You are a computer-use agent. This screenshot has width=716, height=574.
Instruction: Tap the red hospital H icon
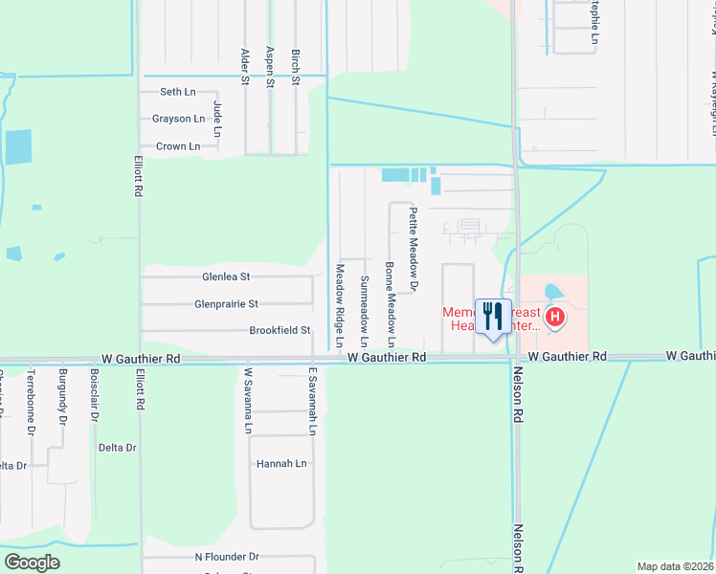point(554,317)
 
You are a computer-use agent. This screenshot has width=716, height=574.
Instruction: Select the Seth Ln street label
point(171,92)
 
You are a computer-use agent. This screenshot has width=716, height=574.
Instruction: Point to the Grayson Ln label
point(178,120)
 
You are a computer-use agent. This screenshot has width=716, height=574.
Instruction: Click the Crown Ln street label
point(177,146)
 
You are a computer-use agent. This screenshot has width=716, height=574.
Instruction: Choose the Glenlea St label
point(226,276)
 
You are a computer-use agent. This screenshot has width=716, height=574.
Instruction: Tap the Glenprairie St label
point(226,304)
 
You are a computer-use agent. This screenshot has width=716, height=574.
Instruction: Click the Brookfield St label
point(280,331)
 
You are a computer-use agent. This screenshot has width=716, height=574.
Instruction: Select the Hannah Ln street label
point(281,464)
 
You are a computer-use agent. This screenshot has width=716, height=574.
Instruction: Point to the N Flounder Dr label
point(227,556)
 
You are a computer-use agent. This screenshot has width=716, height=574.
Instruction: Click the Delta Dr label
point(118,448)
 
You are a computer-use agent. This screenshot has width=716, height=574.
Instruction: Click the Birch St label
point(296,67)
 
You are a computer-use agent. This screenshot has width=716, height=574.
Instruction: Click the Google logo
point(32,562)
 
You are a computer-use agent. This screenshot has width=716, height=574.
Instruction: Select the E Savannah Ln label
point(312,401)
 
